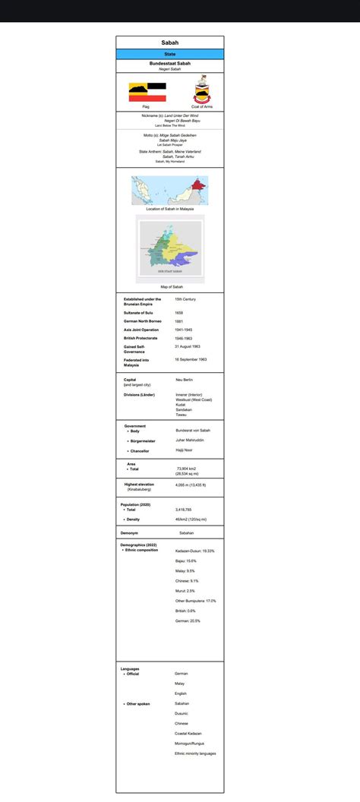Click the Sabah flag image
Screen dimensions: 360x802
(x=146, y=91)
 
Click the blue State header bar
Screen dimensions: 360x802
(x=169, y=54)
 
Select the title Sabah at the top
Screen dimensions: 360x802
(x=169, y=43)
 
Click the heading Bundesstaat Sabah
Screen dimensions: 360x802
(x=169, y=63)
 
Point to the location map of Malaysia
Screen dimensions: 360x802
(x=169, y=190)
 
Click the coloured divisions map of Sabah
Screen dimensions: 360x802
(x=169, y=248)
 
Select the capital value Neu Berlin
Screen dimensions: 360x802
(x=184, y=379)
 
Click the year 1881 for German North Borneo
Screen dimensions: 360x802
(x=178, y=321)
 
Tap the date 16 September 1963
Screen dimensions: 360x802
(x=191, y=359)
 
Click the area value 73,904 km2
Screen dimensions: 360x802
(x=188, y=469)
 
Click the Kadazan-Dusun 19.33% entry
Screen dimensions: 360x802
(x=194, y=551)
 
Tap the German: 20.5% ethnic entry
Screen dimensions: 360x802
(x=188, y=620)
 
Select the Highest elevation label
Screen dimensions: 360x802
(x=140, y=484)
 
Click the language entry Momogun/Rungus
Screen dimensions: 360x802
(x=192, y=744)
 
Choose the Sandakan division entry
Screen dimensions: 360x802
(x=185, y=410)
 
